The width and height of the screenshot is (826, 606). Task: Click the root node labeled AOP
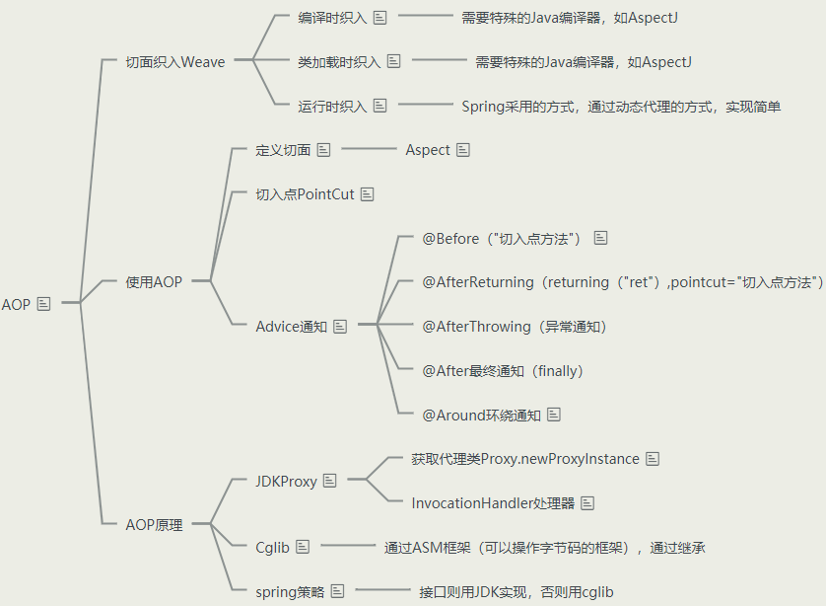(x=17, y=304)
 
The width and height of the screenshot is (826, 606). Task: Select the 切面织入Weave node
(x=175, y=62)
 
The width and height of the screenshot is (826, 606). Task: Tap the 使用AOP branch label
(x=154, y=282)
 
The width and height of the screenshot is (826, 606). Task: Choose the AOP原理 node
(x=154, y=525)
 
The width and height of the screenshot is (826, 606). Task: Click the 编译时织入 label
(x=331, y=18)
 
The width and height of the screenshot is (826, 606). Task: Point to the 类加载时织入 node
(x=338, y=62)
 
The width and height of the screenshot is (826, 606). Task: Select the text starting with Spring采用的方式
(x=621, y=107)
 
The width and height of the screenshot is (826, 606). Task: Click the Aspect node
(x=428, y=150)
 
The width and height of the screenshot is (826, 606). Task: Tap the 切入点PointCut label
(x=305, y=194)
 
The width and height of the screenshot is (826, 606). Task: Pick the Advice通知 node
(x=291, y=327)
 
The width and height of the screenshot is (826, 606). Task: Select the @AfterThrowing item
(x=515, y=327)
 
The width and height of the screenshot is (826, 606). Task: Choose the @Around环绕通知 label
(x=481, y=416)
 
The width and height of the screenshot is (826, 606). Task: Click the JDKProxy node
(x=286, y=482)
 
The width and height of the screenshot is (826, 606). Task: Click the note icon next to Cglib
(x=303, y=547)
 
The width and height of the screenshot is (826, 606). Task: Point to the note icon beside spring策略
(x=337, y=591)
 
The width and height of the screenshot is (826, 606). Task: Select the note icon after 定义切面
(x=323, y=150)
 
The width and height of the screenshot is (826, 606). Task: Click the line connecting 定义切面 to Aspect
(x=367, y=150)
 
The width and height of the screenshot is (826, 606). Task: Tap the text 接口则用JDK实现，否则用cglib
(x=516, y=592)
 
